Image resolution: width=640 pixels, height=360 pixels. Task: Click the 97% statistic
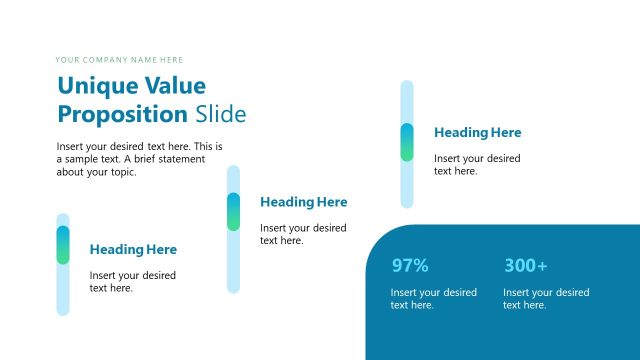pyautogui.click(x=410, y=266)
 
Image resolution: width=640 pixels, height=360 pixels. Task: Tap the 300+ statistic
pyautogui.click(x=525, y=266)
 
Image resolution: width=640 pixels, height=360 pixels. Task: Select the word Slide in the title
pyautogui.click(x=220, y=113)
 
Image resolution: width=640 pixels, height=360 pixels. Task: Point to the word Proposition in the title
pyautogui.click(x=122, y=113)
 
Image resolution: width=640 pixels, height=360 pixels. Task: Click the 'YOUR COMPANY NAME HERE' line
pyautogui.click(x=119, y=60)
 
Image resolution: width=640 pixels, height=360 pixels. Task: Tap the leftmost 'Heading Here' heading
pyautogui.click(x=133, y=249)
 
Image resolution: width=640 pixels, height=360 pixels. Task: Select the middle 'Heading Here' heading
pyautogui.click(x=304, y=202)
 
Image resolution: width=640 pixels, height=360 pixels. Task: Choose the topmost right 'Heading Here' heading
pyautogui.click(x=477, y=132)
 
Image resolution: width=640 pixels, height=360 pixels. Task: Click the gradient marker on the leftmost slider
pyautogui.click(x=63, y=245)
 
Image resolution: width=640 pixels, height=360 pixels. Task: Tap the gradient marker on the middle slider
pyautogui.click(x=234, y=211)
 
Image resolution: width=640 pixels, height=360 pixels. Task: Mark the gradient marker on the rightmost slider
pyautogui.click(x=407, y=142)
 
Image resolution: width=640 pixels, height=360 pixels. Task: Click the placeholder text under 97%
pyautogui.click(x=433, y=299)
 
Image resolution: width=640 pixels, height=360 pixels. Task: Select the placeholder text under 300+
pyautogui.click(x=546, y=299)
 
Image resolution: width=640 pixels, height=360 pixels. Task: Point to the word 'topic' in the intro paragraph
pyautogui.click(x=118, y=172)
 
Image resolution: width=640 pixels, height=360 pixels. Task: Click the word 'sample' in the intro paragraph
pyautogui.click(x=80, y=159)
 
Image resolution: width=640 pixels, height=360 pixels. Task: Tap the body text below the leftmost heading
pyautogui.click(x=133, y=281)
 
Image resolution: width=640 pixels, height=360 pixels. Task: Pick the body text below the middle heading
pyautogui.click(x=303, y=234)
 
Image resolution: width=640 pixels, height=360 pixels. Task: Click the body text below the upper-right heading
pyautogui.click(x=477, y=164)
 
